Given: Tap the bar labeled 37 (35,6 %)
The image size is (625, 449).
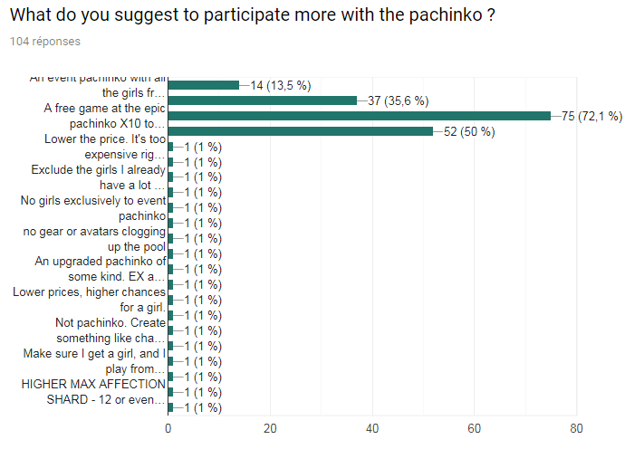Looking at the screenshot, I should click(263, 100).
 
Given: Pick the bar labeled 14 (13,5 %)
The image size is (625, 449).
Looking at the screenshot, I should click(204, 85).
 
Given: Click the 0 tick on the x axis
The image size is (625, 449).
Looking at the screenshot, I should click(168, 427).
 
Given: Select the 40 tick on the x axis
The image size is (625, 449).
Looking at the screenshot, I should click(372, 427).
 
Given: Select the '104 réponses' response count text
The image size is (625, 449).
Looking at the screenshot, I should click(44, 42).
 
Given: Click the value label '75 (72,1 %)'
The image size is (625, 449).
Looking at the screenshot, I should click(591, 116).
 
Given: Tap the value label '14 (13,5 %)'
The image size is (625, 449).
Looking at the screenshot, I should click(281, 85).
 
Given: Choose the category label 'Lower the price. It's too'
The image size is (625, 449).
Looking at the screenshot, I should click(104, 139).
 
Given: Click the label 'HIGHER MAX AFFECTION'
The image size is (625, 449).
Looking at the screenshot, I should click(94, 384).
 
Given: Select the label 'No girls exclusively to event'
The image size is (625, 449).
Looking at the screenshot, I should click(93, 200).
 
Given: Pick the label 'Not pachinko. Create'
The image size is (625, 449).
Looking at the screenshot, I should click(110, 322).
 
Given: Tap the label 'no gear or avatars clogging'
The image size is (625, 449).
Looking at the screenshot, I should click(94, 231).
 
